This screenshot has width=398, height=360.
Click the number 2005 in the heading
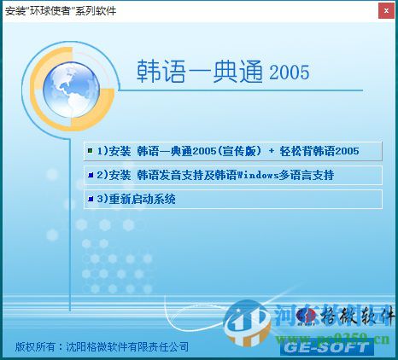click(x=289, y=73)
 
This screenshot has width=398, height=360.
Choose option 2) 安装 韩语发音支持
click(x=171, y=175)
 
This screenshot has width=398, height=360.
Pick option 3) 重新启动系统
click(x=136, y=199)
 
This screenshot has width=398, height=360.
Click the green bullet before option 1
click(x=90, y=151)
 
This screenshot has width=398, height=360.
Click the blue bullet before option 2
click(x=90, y=175)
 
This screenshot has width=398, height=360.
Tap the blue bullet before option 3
click(x=90, y=199)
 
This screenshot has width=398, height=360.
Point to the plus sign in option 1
click(x=272, y=151)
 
